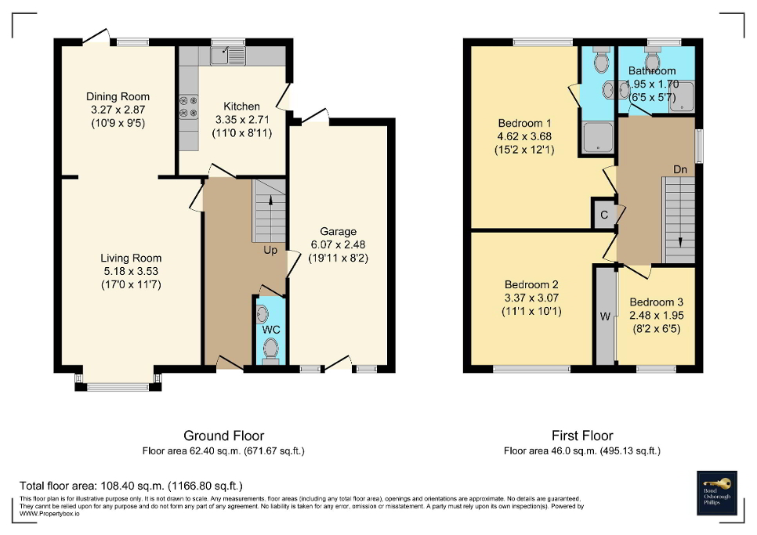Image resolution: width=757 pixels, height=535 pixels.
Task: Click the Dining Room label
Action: (x=118, y=97)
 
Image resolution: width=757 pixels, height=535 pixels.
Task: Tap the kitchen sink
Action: (x=228, y=55)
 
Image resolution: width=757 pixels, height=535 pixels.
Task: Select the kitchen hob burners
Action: (x=188, y=107)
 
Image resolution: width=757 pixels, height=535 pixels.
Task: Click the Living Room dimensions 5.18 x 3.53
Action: (x=130, y=271)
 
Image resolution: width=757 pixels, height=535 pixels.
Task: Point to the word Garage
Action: (x=338, y=231)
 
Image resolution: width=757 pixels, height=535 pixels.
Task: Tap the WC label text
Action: (x=270, y=330)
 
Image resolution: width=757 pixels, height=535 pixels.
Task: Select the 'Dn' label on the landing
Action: (x=681, y=169)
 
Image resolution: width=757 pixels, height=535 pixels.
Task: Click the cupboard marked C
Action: (x=604, y=215)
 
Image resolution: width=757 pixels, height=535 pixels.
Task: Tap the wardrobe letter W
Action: (x=604, y=317)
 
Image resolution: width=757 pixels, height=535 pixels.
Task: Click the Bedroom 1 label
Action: (x=525, y=123)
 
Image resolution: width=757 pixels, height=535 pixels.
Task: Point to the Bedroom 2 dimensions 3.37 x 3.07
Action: (x=531, y=298)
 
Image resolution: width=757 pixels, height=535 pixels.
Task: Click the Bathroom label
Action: (x=651, y=71)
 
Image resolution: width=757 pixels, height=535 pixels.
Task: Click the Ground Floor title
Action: (x=223, y=436)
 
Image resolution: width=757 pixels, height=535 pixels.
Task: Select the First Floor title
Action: (x=581, y=436)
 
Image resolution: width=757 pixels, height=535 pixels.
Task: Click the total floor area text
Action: (x=131, y=486)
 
